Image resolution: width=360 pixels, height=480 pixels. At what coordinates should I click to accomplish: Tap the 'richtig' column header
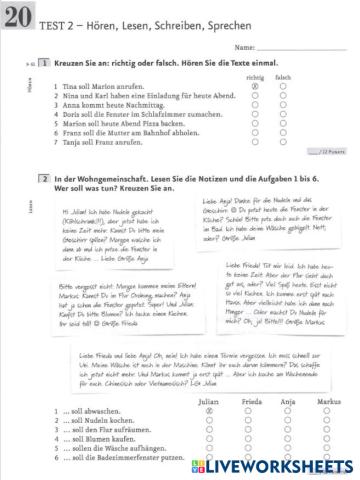(255, 76)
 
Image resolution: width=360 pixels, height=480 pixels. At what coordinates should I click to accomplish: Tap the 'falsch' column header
(283, 76)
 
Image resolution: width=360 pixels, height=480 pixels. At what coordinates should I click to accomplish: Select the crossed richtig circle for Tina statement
(255, 86)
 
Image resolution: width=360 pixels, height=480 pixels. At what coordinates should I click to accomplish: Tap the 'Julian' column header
(211, 402)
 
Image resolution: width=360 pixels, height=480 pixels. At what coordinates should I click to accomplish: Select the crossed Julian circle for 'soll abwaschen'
(211, 412)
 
